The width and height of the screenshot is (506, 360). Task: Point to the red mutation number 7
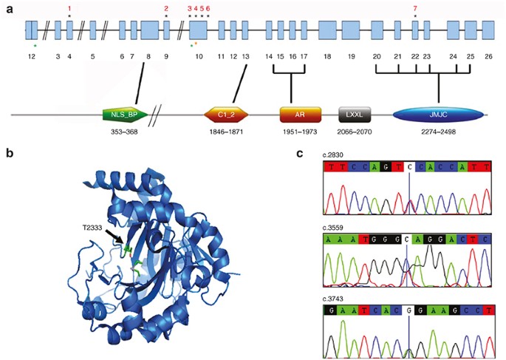[x=415, y=7]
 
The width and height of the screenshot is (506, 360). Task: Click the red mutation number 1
[x=69, y=7]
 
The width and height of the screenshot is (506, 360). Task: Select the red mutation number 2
[x=166, y=7]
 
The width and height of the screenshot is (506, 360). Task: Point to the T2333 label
[x=93, y=228]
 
